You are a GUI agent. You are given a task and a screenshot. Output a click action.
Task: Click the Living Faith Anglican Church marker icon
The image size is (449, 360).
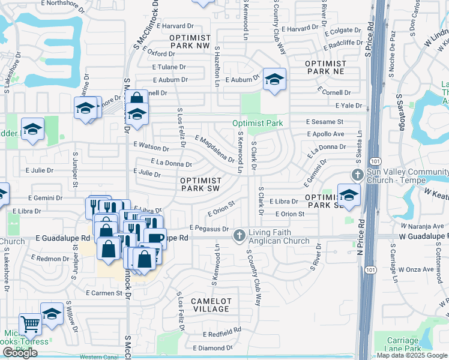(240, 235)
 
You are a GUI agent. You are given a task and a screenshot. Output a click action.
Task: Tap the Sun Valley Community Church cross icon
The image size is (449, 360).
(358, 175)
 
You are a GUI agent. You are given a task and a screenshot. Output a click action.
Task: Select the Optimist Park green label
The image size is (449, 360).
(258, 123)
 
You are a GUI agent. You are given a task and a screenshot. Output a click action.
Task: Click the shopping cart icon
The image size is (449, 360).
(30, 325)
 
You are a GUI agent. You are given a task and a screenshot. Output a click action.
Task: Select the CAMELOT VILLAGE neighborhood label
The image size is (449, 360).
(211, 305)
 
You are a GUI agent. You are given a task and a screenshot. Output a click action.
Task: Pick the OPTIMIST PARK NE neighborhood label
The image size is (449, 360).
(326, 67)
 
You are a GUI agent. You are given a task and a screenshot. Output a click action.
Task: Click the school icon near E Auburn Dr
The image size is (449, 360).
(274, 79)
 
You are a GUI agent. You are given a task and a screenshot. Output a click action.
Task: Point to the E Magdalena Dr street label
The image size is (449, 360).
(214, 148)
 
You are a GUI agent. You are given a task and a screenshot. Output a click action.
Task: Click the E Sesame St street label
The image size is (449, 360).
(323, 122)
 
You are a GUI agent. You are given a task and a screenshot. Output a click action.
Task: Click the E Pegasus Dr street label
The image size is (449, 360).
(209, 229)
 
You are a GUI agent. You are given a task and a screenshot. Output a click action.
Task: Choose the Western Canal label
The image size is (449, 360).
(98, 357)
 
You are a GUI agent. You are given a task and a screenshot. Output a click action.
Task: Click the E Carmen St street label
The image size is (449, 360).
(108, 293)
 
